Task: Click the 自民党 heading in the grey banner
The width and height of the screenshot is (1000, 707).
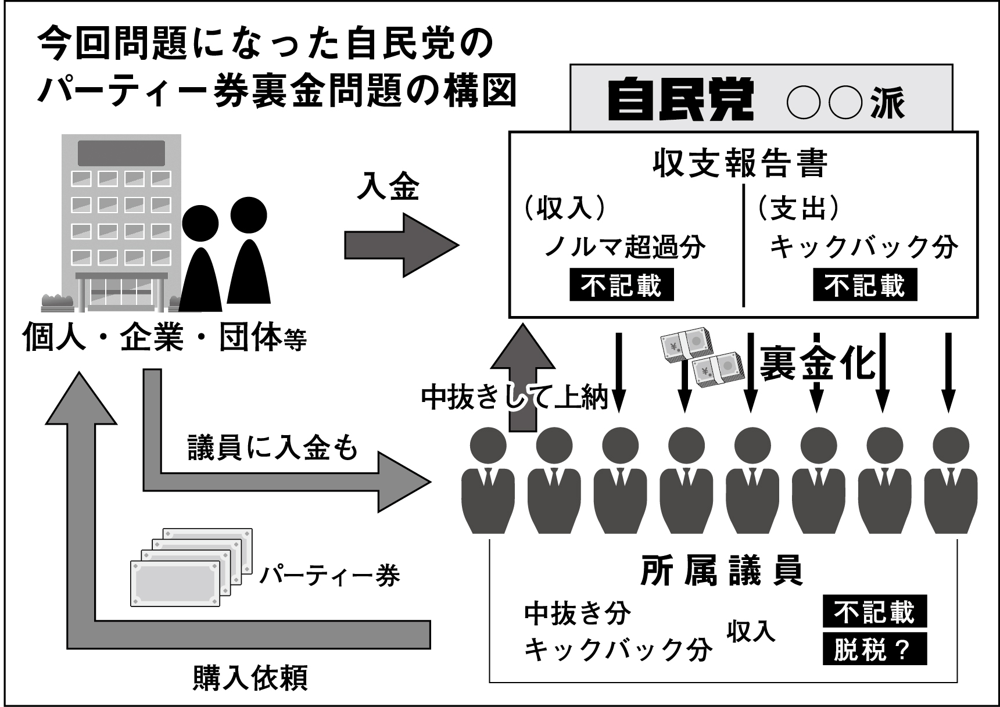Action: [x=680, y=100]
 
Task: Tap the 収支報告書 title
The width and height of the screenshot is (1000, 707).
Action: [x=740, y=163]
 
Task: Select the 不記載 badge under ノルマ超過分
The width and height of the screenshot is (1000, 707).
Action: [x=621, y=285]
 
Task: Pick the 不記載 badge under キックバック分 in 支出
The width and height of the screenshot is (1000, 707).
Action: [x=865, y=285]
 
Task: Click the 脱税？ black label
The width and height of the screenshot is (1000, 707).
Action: [x=874, y=649]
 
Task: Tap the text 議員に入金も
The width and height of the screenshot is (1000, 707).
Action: [x=273, y=448]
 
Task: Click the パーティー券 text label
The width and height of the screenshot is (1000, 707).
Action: [x=329, y=576]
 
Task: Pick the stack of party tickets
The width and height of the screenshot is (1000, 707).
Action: [x=191, y=566]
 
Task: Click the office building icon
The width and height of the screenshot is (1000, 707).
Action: [x=121, y=224]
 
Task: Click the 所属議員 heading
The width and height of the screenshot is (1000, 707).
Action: [x=722, y=571]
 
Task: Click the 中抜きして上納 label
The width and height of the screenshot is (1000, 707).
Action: [x=514, y=397]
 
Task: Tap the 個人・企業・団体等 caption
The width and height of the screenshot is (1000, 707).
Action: [x=164, y=338]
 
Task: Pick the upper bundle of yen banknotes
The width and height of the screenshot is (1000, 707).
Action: [x=684, y=347]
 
